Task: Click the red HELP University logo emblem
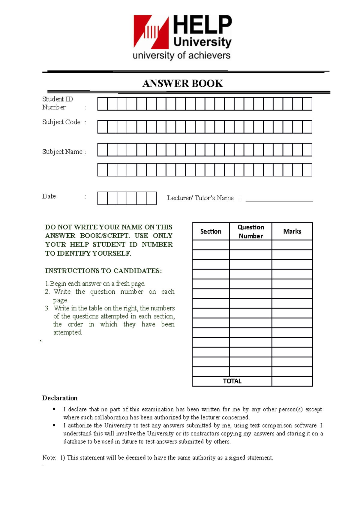tap(151, 32)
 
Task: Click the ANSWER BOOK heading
tap(182, 83)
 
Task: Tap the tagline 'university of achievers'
tap(181, 56)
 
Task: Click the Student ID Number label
tap(57, 103)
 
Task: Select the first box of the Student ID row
tap(102, 104)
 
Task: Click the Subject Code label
tap(61, 122)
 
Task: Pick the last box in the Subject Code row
tap(307, 127)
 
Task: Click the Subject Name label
tap(62, 152)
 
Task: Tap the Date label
tap(49, 196)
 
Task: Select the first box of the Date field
tap(102, 198)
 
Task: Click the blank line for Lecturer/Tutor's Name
tap(279, 199)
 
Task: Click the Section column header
tap(211, 232)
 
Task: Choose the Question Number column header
tap(251, 232)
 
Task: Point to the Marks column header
tap(292, 232)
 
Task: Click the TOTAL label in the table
tap(232, 381)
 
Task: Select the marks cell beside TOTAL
tap(292, 381)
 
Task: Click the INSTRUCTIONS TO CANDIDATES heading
tap(103, 271)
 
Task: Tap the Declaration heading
tap(60, 398)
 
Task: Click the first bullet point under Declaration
tap(54, 409)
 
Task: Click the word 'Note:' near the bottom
tap(49, 458)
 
